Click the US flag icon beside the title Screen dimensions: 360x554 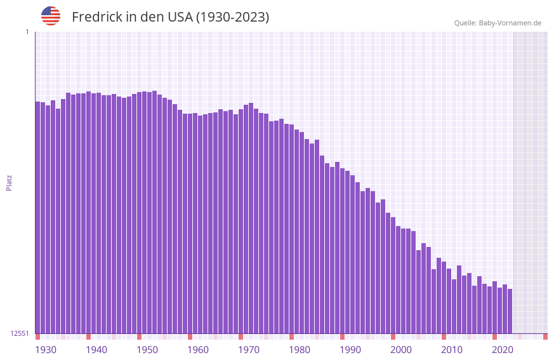tap(51, 16)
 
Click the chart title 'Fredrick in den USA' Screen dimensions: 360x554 tap(170, 17)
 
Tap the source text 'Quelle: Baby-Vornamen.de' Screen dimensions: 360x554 tap(498, 23)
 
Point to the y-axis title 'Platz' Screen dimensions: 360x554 tap(9, 182)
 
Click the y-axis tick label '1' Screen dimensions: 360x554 tap(27, 32)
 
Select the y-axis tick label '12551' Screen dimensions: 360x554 tap(19, 333)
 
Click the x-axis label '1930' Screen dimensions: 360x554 tap(46, 350)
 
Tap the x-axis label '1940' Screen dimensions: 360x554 tap(96, 350)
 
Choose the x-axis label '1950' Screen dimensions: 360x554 tap(147, 350)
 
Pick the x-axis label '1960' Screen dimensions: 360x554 tap(198, 350)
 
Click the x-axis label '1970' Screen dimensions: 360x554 tap(249, 350)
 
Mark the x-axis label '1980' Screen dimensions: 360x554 tap(300, 350)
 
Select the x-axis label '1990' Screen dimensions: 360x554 tap(350, 350)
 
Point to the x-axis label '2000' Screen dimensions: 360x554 tap(401, 350)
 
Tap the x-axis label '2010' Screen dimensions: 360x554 tap(452, 350)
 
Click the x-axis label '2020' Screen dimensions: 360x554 tap(503, 350)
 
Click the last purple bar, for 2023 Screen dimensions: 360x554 tap(510, 311)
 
